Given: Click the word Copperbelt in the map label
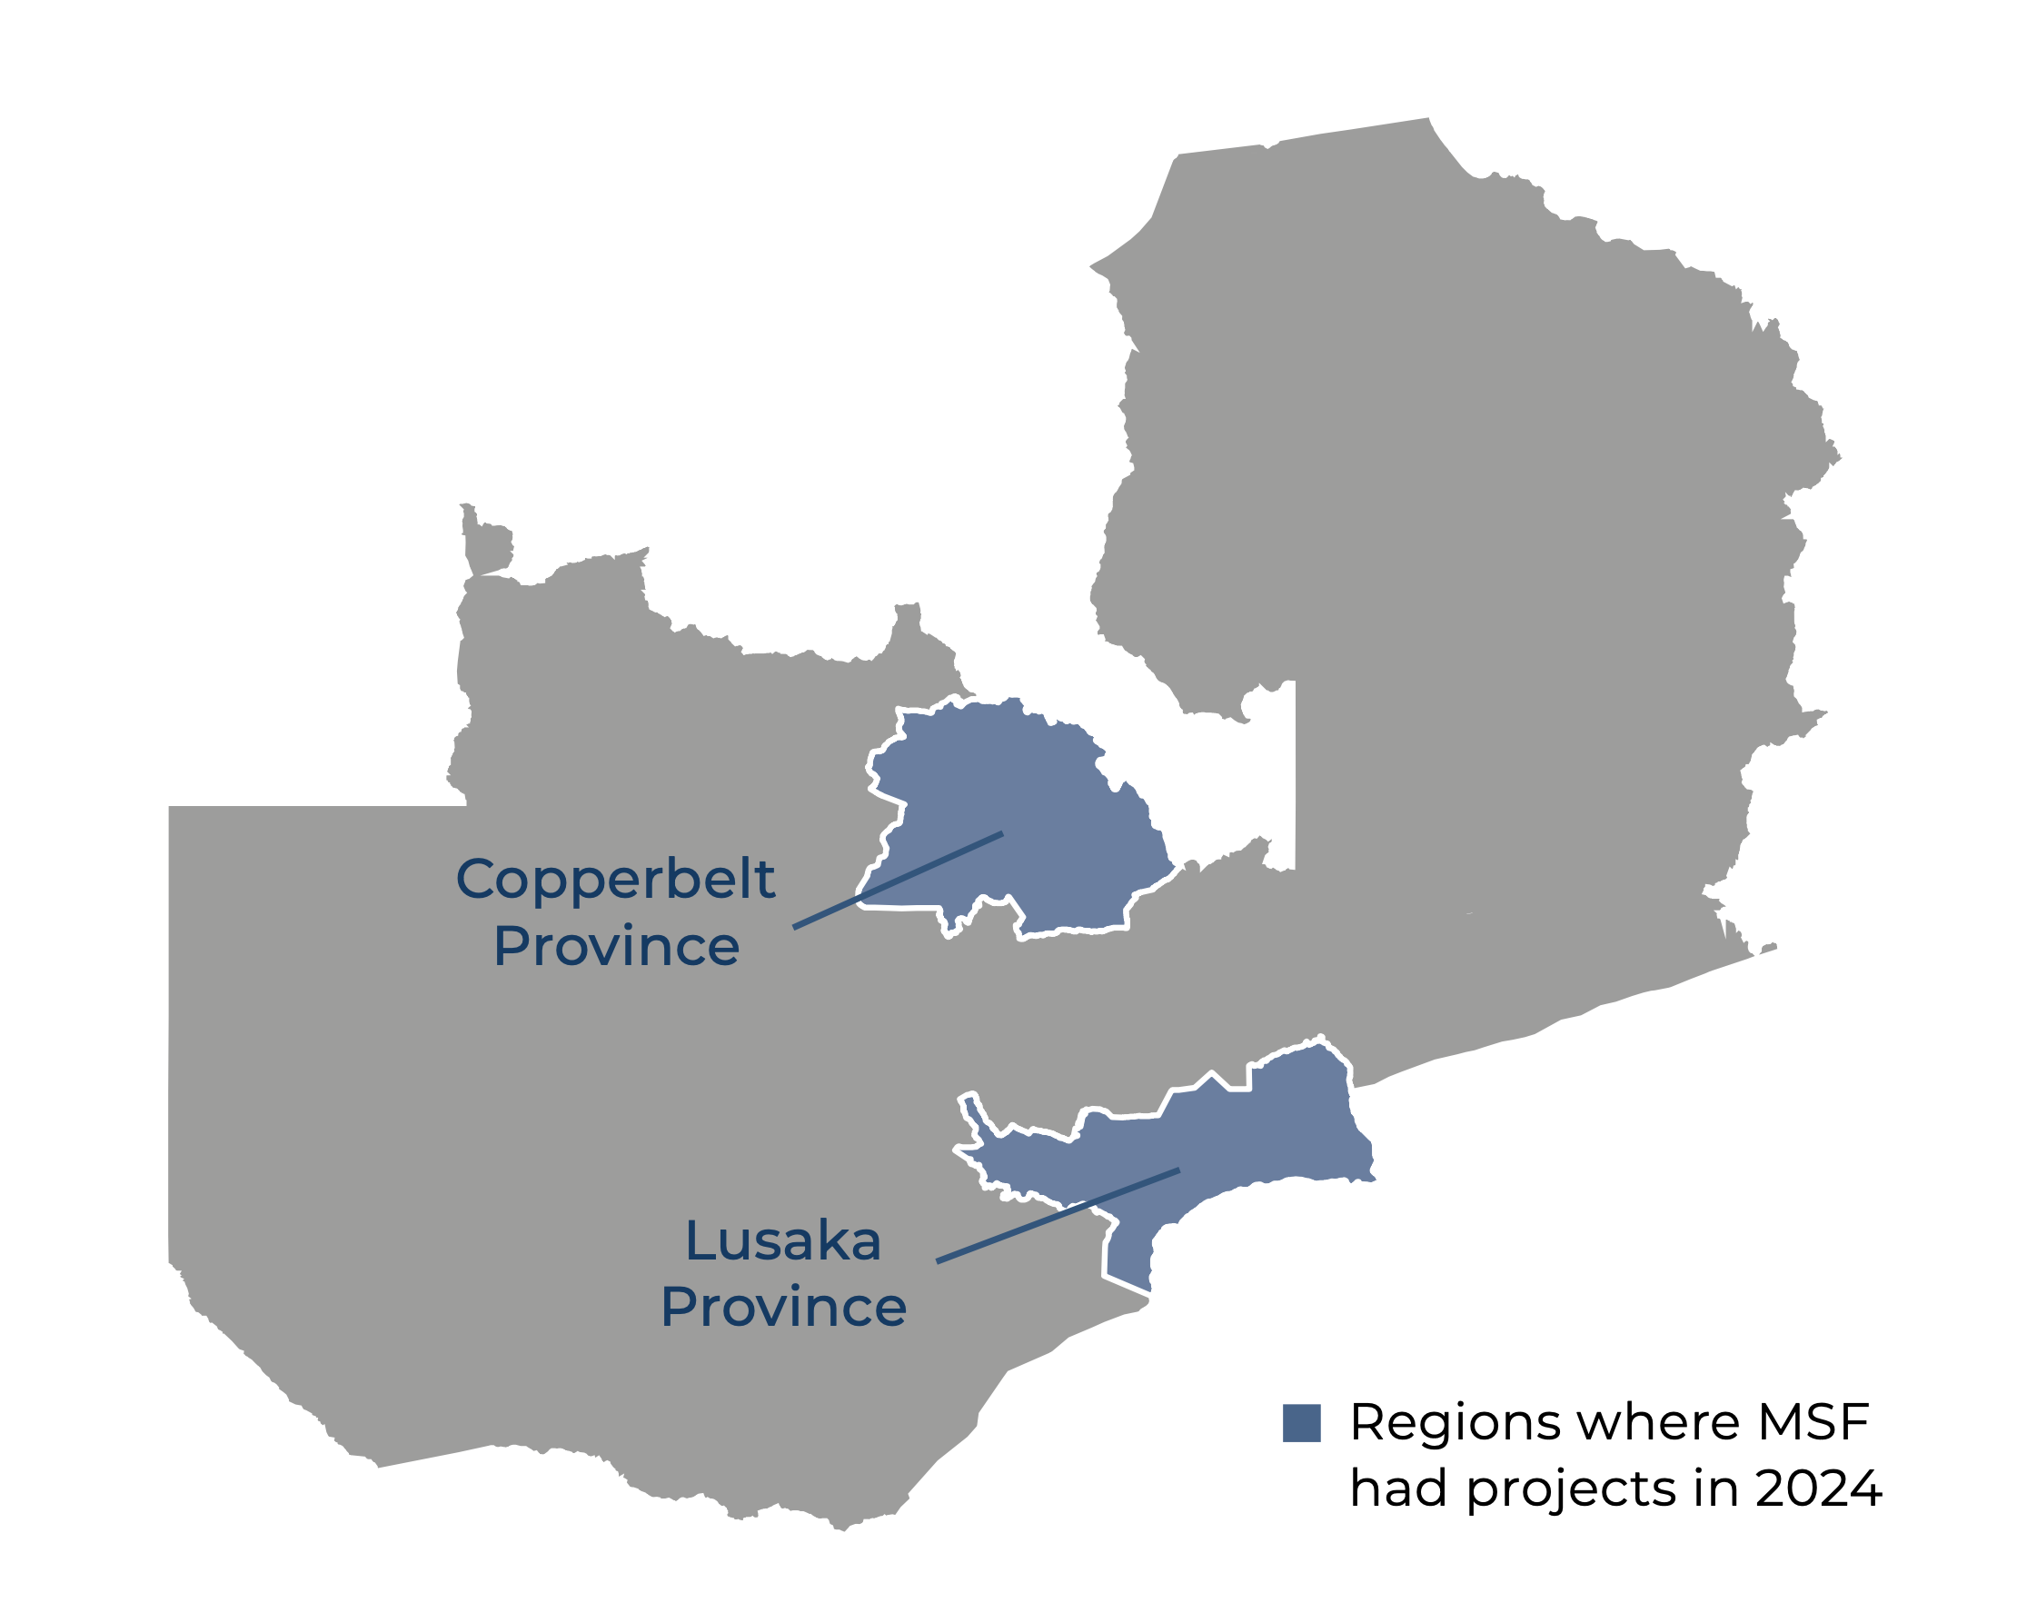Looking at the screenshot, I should [615, 881].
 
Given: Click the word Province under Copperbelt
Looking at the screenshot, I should [616, 947].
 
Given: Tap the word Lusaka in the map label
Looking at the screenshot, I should [783, 1242].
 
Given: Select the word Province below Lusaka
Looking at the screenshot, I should [783, 1308].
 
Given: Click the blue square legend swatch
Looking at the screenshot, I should [1301, 1423].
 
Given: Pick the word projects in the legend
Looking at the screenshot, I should [1571, 1490].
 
